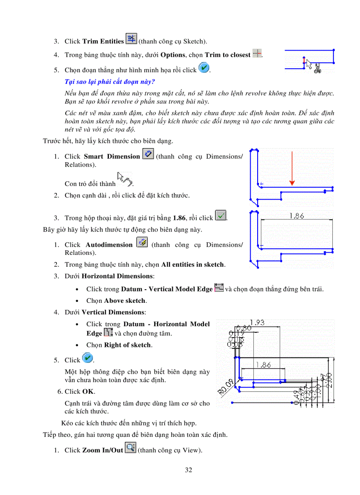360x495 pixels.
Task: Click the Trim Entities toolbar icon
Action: [131, 39]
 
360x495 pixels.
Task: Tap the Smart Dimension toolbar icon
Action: [148, 155]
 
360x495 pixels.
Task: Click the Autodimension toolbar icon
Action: [142, 243]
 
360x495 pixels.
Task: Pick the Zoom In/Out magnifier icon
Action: [130, 449]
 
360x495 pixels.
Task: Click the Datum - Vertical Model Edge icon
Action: [218, 288]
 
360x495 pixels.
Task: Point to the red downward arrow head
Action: [292, 182]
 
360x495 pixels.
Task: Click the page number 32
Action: [188, 470]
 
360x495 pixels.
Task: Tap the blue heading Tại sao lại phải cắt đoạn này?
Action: [110, 82]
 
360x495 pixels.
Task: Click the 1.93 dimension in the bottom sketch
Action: [257, 323]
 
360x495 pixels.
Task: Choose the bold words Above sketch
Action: [125, 301]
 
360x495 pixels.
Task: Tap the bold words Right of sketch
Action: [127, 345]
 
